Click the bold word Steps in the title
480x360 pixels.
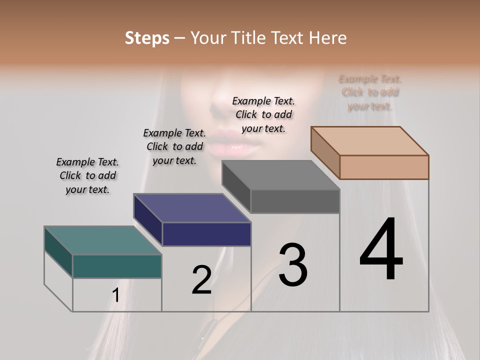click(x=147, y=38)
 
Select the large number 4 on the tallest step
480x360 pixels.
click(x=381, y=250)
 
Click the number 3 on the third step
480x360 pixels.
click(x=293, y=265)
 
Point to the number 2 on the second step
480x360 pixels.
click(x=201, y=280)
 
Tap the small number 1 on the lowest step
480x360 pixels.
click(x=116, y=295)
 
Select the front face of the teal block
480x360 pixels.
click(x=117, y=266)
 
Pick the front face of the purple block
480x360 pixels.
click(x=206, y=234)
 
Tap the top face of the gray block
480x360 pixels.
click(x=280, y=175)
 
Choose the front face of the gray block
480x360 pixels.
click(x=295, y=201)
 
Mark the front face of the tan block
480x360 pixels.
click(x=384, y=167)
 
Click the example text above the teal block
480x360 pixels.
click(x=87, y=175)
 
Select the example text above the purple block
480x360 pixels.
click(x=174, y=146)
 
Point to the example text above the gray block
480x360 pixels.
click(x=263, y=114)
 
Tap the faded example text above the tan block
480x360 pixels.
click(x=370, y=92)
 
